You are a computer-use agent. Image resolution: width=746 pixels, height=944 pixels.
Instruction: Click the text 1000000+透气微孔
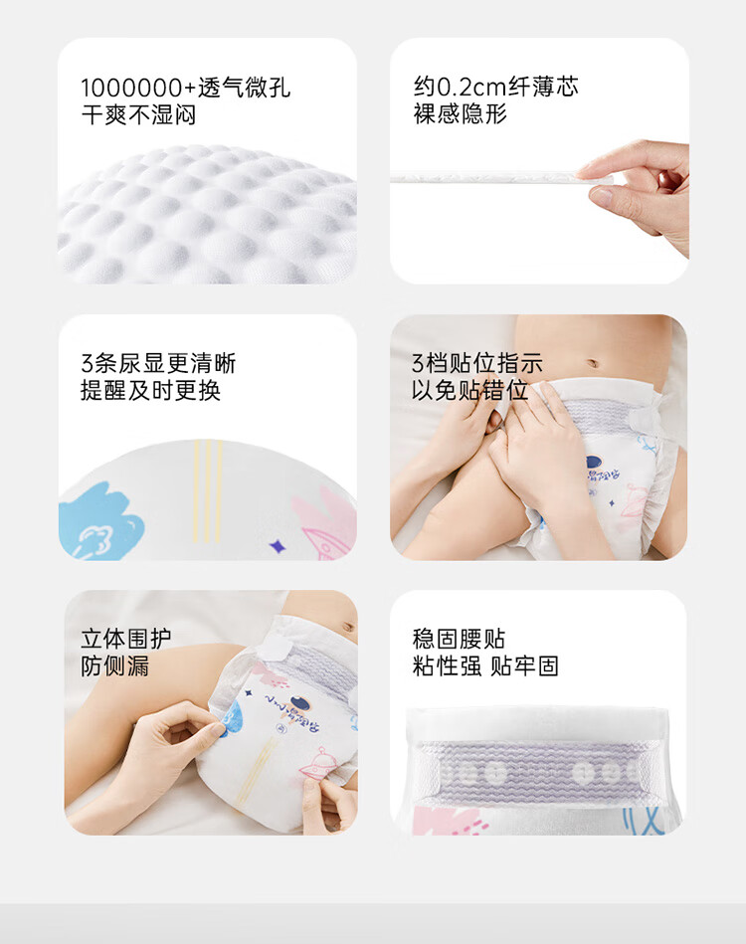click(186, 87)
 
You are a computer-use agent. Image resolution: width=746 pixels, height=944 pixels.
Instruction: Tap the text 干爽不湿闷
click(138, 114)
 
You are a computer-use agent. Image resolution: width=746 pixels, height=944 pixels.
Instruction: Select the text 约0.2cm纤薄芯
click(495, 87)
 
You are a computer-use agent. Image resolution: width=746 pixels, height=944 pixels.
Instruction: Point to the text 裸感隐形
click(461, 114)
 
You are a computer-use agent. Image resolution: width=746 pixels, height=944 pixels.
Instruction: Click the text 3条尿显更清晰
click(158, 363)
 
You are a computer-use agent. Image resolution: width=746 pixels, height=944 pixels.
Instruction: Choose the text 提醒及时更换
click(150, 391)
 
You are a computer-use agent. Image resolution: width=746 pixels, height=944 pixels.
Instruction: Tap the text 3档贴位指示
click(477, 363)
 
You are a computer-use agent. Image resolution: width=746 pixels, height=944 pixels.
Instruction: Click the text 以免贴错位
click(469, 391)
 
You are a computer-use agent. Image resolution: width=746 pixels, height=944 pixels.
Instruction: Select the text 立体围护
click(125, 639)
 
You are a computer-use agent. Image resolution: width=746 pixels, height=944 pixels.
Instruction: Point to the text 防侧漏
click(114, 666)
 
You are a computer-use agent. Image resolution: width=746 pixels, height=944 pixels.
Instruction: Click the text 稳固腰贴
click(459, 639)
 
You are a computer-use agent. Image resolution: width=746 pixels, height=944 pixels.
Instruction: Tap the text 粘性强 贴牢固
click(485, 666)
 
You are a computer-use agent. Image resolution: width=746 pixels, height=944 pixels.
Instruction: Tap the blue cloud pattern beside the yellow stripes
click(95, 522)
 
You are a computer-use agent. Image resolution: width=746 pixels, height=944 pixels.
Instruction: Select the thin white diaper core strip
click(487, 177)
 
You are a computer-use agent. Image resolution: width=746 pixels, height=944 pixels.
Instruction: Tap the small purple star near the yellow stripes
click(277, 545)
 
